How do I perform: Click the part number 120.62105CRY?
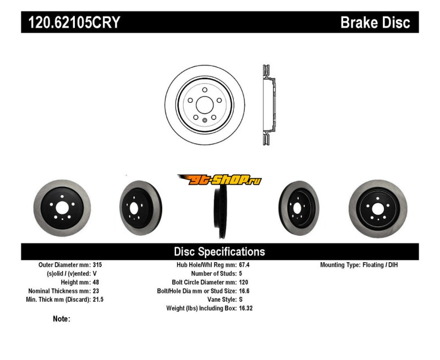70,23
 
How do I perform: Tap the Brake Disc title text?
375,23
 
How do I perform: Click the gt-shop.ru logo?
219,180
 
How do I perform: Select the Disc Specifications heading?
219,252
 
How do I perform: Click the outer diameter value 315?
98,265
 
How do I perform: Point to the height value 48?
96,282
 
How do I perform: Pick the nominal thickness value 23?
96,291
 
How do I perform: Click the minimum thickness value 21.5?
98,300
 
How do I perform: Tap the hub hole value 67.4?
245,265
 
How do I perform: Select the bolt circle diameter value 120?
244,282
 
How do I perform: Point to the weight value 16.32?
246,308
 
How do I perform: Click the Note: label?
62,319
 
